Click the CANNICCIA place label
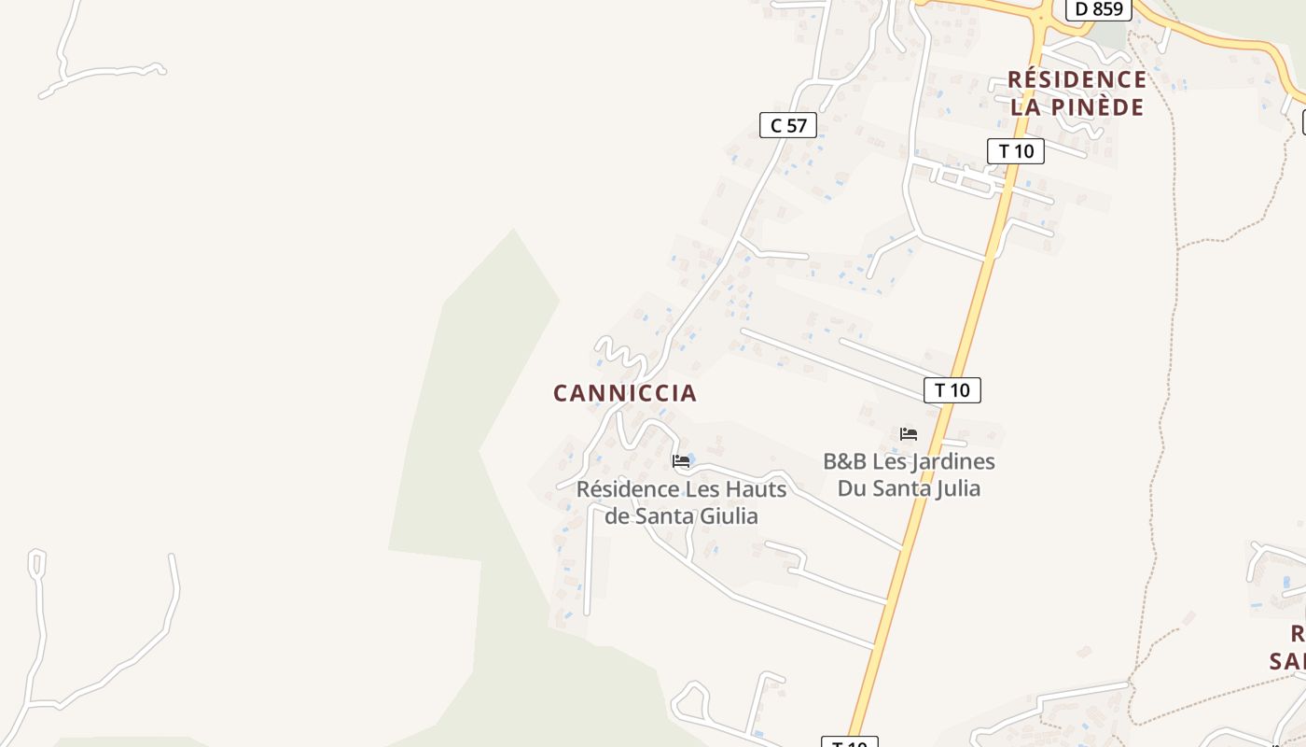click(x=625, y=393)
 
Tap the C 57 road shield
click(x=788, y=125)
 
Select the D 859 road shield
click(x=1098, y=9)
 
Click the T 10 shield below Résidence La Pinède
click(x=1015, y=150)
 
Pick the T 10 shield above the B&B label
click(x=952, y=390)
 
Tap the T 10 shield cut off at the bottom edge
click(x=849, y=743)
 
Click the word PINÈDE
click(x=1097, y=107)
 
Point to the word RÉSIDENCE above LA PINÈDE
click(x=1077, y=79)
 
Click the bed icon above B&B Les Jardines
click(x=909, y=434)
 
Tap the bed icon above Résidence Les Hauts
click(x=681, y=461)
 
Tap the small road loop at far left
click(x=36, y=562)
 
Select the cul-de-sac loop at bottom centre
click(x=691, y=696)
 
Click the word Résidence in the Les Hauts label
click(x=627, y=489)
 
